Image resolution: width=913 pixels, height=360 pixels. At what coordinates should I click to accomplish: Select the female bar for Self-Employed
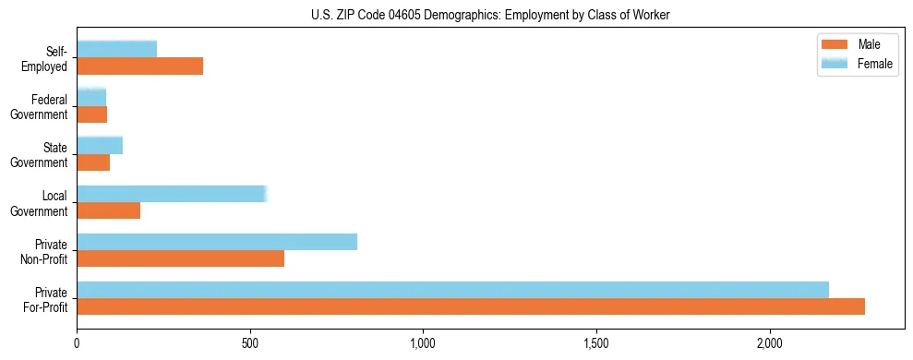[116, 49]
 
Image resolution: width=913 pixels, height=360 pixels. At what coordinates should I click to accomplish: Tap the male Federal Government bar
[91, 114]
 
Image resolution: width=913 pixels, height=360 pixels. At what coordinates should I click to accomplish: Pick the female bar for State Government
[100, 145]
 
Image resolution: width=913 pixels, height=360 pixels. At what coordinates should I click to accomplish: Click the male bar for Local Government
[108, 210]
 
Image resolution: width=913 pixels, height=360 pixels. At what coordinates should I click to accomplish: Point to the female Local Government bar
[172, 193]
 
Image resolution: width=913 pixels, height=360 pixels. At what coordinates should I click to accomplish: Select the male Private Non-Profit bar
[180, 258]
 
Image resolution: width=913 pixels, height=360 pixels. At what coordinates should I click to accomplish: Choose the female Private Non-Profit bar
[217, 242]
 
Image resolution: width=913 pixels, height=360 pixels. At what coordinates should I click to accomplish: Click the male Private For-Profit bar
[471, 306]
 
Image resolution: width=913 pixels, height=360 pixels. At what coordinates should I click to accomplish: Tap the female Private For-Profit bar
[452, 290]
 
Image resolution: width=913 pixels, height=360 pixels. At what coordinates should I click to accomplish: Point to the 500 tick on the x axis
[250, 343]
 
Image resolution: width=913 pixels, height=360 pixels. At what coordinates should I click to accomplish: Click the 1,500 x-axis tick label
[596, 343]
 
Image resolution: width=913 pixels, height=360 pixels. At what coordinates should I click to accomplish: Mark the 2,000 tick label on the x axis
[769, 343]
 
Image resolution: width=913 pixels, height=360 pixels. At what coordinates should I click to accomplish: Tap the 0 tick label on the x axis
[78, 343]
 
